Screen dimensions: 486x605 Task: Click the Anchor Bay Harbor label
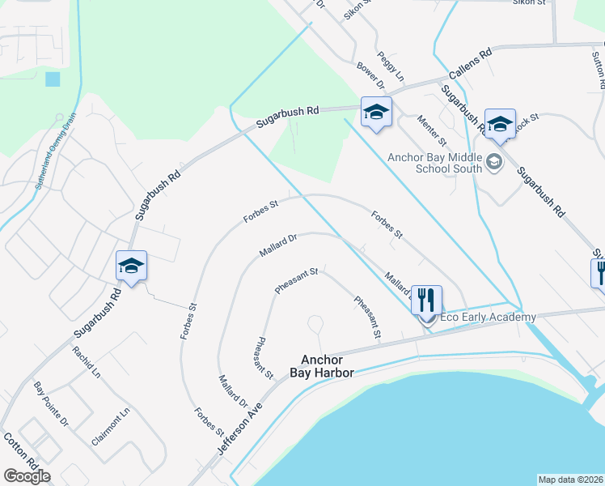point(323,366)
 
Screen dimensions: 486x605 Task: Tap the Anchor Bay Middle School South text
point(434,164)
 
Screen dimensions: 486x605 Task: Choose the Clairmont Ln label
point(111,427)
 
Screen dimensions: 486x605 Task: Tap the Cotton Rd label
point(18,450)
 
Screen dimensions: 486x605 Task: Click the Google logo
point(27,476)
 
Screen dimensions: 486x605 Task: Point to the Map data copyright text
point(570,480)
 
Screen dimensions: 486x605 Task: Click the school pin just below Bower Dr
point(376,111)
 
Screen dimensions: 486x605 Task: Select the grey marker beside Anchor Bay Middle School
point(494,164)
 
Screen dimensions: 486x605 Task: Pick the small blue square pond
point(53,79)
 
